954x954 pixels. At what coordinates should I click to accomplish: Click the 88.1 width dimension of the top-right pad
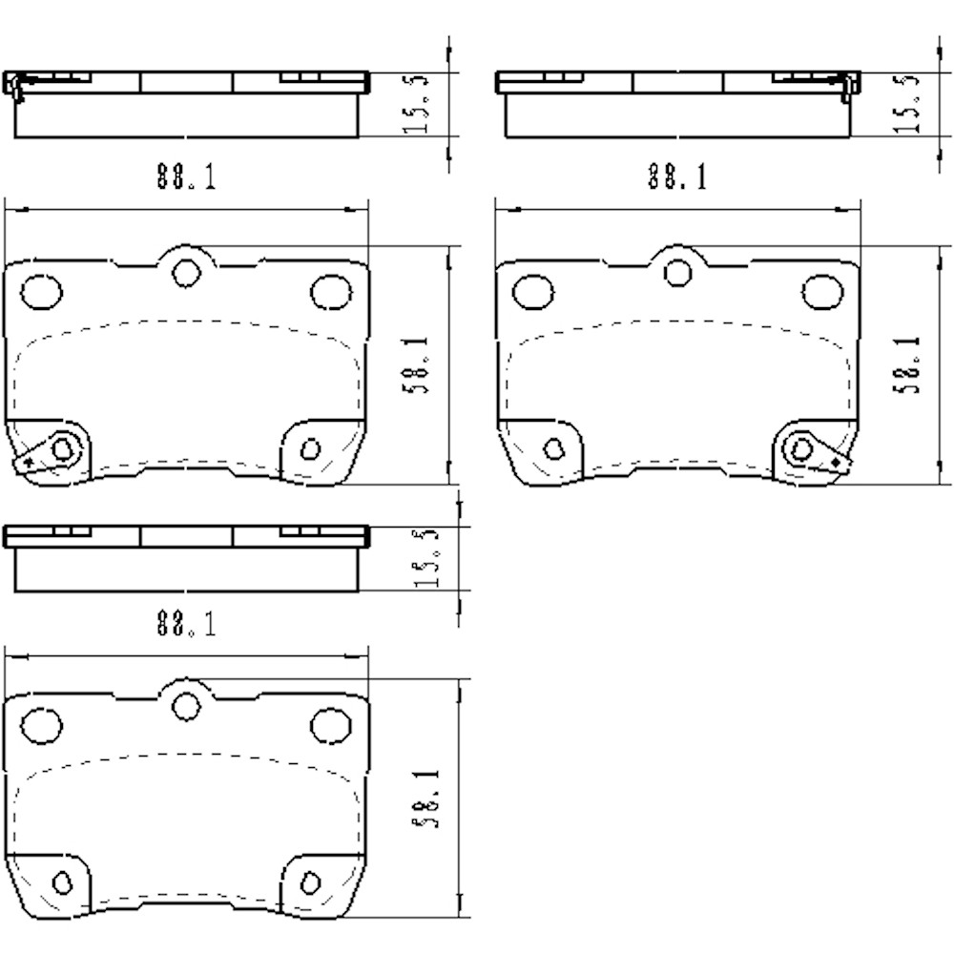[676, 176]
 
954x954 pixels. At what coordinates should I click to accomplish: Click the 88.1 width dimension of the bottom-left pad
[186, 626]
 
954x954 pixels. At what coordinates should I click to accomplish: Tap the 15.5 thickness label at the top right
[910, 106]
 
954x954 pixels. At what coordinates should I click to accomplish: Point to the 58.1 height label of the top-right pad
[910, 364]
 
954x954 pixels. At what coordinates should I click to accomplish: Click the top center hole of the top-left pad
[185, 272]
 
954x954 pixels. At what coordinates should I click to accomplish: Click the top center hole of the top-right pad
[677, 272]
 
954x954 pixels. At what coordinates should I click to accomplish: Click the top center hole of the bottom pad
[185, 704]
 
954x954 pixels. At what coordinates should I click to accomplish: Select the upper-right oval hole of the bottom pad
[331, 723]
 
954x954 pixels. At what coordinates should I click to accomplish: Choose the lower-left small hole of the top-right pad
[553, 448]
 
